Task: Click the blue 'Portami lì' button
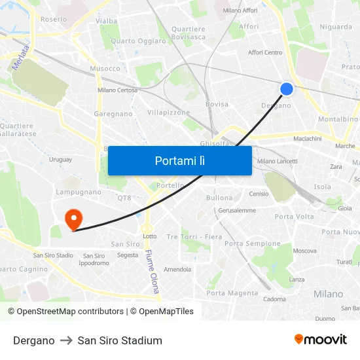[180, 160]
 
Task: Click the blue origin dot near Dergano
[287, 89]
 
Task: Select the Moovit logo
[320, 340]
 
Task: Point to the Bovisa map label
[217, 104]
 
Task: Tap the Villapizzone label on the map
[168, 113]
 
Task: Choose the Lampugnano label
[79, 192]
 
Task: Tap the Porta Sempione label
[252, 243]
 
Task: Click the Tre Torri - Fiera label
[194, 236]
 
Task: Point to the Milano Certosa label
[117, 90]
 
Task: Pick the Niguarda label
[336, 27]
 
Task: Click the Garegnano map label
[113, 114]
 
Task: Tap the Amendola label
[177, 269]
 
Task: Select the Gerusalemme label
[237, 210]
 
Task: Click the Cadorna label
[274, 299]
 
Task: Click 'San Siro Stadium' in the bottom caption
[120, 340]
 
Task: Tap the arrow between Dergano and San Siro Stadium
[66, 340]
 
